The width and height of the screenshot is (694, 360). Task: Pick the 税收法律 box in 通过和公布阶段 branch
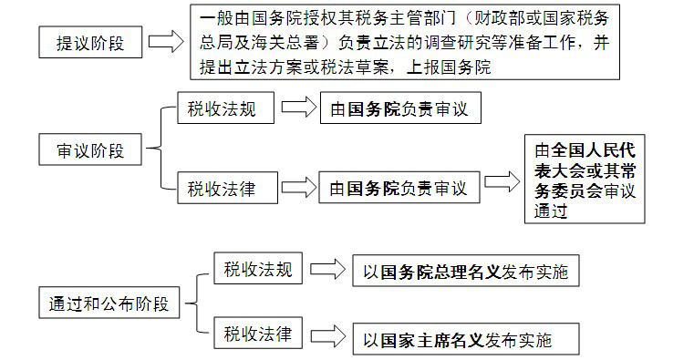click(x=258, y=334)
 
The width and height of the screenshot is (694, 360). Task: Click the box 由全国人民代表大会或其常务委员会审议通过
click(x=585, y=180)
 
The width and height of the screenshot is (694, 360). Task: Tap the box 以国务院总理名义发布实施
click(x=466, y=271)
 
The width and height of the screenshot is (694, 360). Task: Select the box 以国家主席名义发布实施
click(x=466, y=341)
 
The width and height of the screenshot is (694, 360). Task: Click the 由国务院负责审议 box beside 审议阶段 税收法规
click(x=399, y=110)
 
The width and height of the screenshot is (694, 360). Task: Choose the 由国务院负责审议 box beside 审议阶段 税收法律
click(x=399, y=189)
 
